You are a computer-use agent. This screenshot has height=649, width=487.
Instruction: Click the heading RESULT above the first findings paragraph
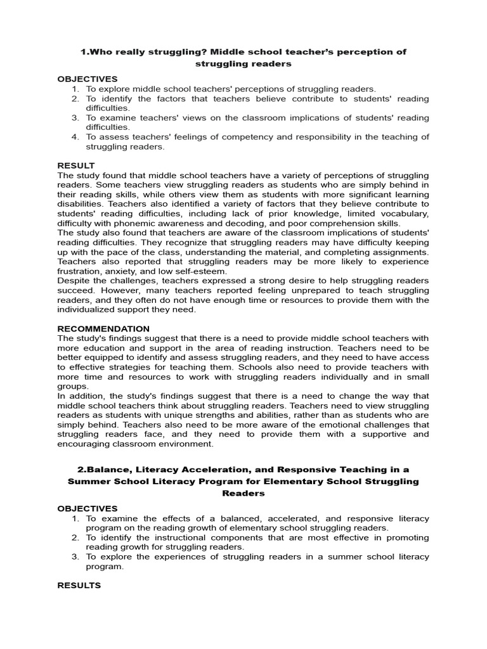click(75, 165)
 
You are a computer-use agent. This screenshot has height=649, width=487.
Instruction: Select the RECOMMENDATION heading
click(103, 329)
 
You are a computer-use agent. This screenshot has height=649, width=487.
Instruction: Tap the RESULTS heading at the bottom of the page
click(79, 585)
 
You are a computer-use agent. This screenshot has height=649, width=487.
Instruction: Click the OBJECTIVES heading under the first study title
click(88, 79)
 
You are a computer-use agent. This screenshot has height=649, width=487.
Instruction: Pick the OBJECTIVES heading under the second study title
click(88, 508)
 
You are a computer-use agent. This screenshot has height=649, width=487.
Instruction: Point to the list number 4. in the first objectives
click(75, 137)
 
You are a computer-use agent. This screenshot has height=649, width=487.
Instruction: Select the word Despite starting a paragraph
click(74, 281)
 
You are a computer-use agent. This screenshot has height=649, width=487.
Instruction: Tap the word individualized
click(90, 309)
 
